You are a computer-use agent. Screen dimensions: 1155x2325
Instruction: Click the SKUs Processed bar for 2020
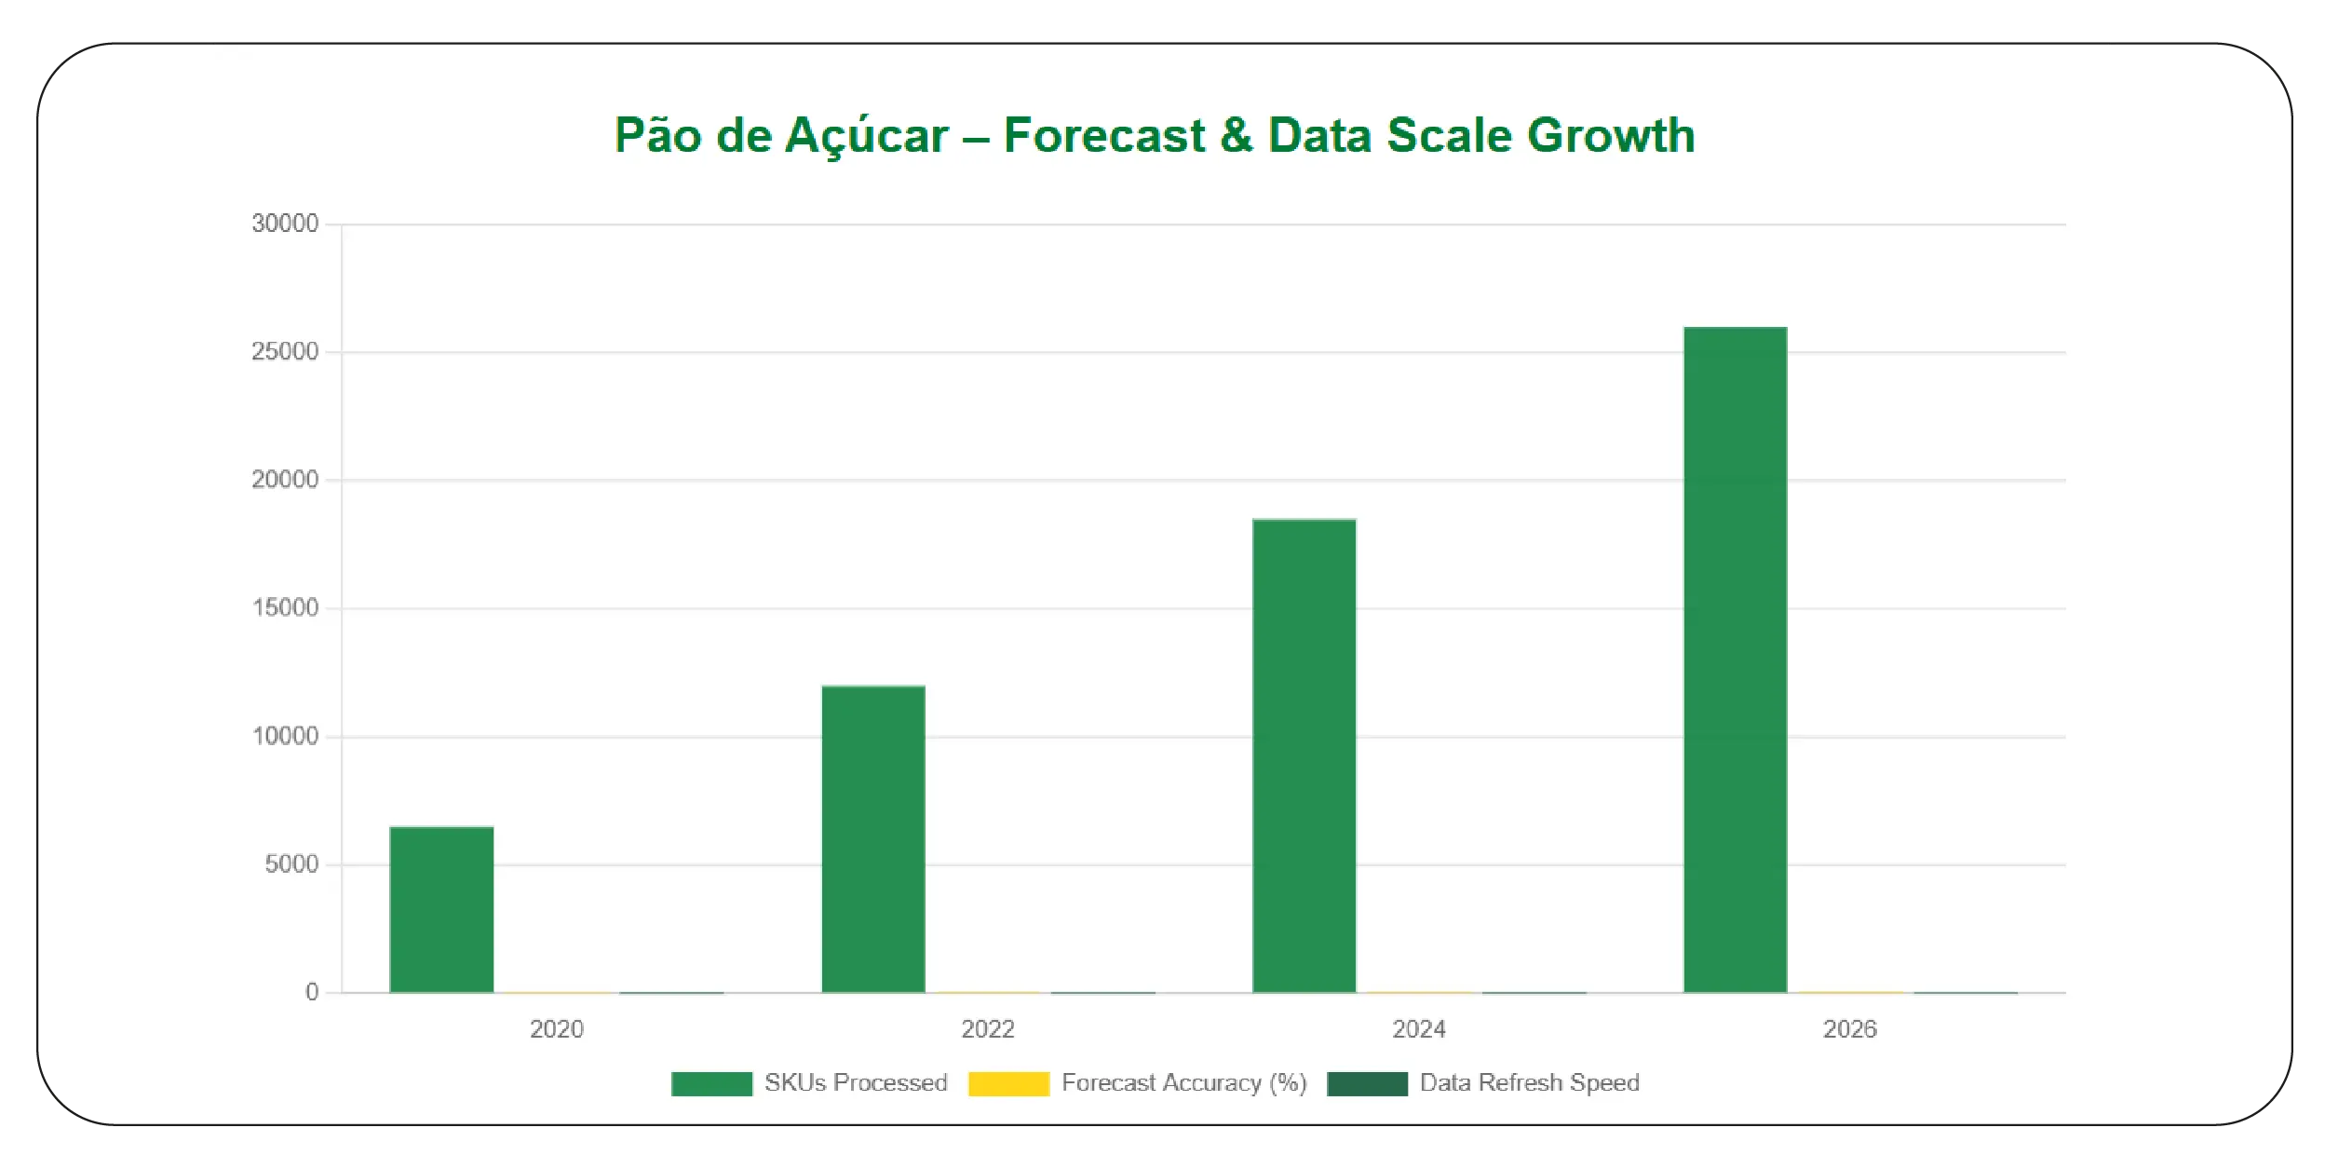point(441,909)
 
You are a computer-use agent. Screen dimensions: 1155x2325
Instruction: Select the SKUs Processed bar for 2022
point(872,839)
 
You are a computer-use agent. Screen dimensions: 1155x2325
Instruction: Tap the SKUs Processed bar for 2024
point(1304,755)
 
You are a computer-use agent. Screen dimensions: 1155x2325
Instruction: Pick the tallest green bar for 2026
point(1735,659)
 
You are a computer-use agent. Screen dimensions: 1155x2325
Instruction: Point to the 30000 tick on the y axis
point(285,224)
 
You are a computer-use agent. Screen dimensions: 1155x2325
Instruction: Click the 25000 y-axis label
point(285,352)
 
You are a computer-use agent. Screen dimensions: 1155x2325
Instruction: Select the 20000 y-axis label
point(285,480)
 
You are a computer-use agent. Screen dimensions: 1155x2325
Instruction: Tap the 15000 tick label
point(285,608)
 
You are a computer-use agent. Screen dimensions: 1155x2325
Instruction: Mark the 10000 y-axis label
point(285,737)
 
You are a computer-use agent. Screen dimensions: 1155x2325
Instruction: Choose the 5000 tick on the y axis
point(291,864)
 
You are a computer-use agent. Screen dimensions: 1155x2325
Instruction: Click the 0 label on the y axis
point(312,993)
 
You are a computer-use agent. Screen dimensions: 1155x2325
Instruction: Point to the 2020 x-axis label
point(557,1029)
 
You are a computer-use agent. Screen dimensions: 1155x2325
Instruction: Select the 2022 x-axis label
point(988,1029)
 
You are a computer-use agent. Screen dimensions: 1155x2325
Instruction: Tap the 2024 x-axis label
point(1419,1029)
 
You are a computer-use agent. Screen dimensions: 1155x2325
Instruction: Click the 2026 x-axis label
point(1850,1029)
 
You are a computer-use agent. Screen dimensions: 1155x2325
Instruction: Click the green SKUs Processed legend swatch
point(711,1083)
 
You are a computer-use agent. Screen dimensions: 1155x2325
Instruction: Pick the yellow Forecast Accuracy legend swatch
point(1008,1083)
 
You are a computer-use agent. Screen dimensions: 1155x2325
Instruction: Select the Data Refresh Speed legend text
point(1529,1083)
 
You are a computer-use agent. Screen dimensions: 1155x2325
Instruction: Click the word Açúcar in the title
point(866,137)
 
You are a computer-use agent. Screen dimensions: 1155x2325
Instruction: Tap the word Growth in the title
point(1611,135)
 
